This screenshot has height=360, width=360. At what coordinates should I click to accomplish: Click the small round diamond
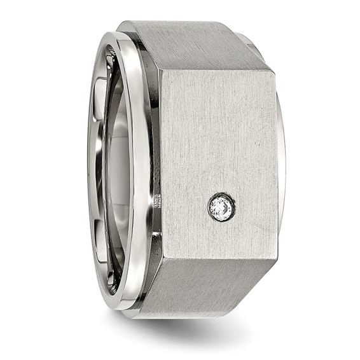[221, 207]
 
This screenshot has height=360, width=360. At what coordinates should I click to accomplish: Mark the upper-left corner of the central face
[160, 70]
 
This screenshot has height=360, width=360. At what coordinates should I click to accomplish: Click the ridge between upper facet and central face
[216, 70]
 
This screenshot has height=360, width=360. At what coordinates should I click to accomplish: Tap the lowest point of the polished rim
[121, 308]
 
